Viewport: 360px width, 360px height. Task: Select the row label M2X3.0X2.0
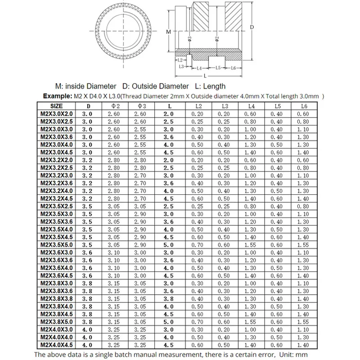57,114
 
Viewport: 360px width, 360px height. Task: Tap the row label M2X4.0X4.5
57,345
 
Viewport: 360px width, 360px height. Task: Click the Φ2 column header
114,106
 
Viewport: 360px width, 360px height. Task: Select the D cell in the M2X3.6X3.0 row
87,252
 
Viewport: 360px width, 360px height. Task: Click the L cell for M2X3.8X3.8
168,299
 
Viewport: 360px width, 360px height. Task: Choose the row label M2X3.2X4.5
57,198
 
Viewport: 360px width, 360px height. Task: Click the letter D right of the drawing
252,27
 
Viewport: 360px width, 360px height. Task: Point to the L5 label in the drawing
218,67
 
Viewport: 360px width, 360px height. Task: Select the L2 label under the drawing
180,60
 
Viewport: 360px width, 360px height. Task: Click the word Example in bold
57,96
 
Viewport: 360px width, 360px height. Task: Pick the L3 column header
223,106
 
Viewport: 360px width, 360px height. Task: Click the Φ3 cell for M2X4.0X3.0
140,330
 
